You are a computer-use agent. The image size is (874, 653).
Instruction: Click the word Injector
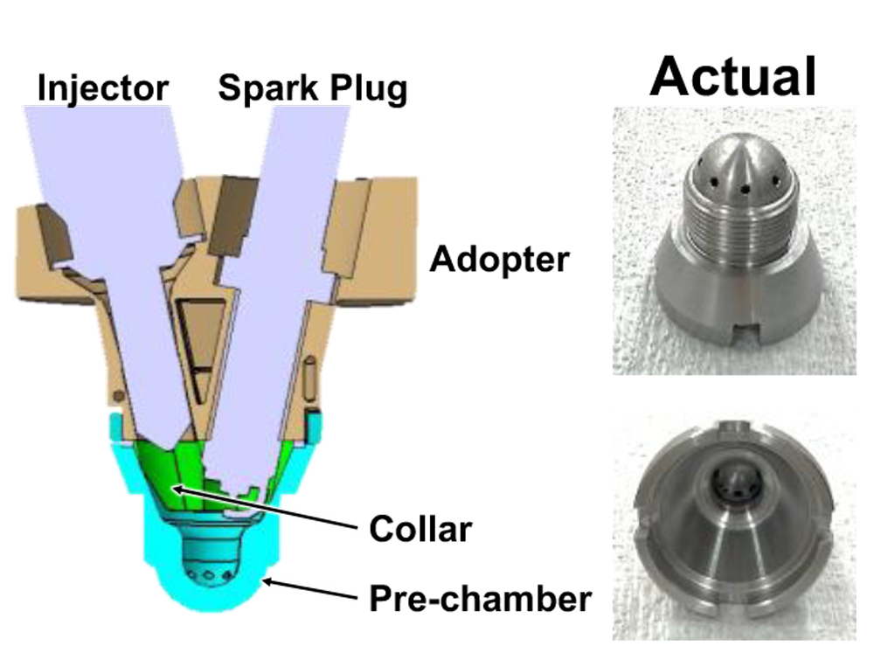103,87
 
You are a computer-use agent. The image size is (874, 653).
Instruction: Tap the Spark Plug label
312,89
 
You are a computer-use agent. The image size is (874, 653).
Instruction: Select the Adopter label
499,260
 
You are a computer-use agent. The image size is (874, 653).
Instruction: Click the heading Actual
732,76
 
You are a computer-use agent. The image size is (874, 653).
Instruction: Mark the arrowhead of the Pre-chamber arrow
264,580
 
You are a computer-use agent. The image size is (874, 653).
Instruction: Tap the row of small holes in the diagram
211,577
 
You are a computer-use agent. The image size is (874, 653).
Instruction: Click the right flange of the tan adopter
376,245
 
